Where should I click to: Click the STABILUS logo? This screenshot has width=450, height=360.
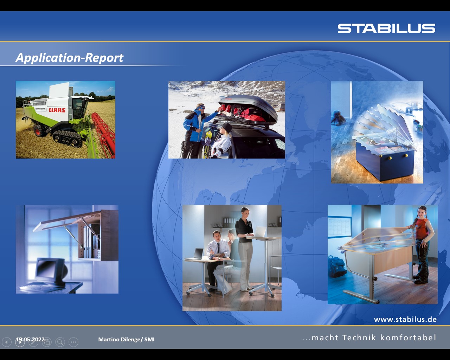click(386, 28)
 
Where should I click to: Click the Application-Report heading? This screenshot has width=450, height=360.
click(69, 58)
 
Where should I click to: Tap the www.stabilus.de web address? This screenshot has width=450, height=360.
click(405, 320)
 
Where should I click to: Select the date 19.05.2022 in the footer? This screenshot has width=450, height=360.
click(30, 339)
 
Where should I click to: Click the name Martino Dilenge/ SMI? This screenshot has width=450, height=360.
click(126, 339)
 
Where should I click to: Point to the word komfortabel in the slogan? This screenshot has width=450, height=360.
click(408, 337)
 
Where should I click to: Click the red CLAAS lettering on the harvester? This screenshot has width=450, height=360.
click(57, 110)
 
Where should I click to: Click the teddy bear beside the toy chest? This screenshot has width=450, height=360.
click(338, 117)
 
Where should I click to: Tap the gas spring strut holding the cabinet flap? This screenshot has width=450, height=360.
click(74, 238)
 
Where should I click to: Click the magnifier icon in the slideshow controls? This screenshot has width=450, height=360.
click(60, 342)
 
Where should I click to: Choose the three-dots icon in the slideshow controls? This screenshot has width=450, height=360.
click(73, 342)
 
